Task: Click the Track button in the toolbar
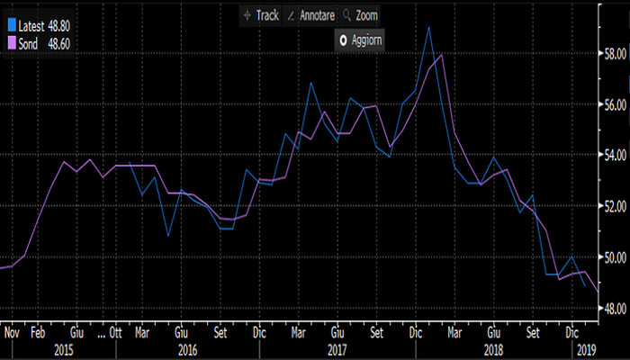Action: [x=262, y=15]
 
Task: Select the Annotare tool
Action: [x=310, y=15]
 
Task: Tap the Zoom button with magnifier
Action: [x=359, y=15]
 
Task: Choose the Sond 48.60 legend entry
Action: [x=41, y=42]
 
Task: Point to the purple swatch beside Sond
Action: [x=12, y=42]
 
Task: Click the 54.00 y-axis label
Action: [x=615, y=156]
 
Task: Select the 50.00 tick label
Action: [x=615, y=257]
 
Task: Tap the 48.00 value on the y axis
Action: [x=615, y=309]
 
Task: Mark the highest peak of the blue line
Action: [x=428, y=27]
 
